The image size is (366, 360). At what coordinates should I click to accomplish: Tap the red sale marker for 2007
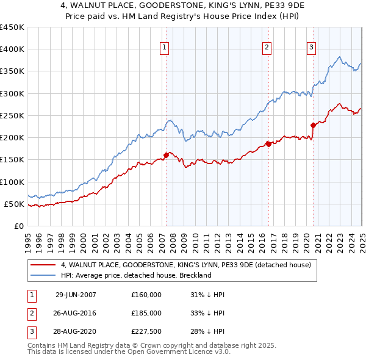point(166,155)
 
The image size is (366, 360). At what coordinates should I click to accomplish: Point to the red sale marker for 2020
point(313,126)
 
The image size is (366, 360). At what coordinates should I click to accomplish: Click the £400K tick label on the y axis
point(12,49)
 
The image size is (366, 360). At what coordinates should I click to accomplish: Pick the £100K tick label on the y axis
point(12,182)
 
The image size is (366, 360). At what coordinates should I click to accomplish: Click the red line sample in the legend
point(42,265)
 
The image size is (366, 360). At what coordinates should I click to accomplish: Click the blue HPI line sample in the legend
point(42,275)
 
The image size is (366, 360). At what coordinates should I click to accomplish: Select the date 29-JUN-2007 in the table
point(76,294)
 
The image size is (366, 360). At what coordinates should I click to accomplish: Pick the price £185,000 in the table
point(146,313)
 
